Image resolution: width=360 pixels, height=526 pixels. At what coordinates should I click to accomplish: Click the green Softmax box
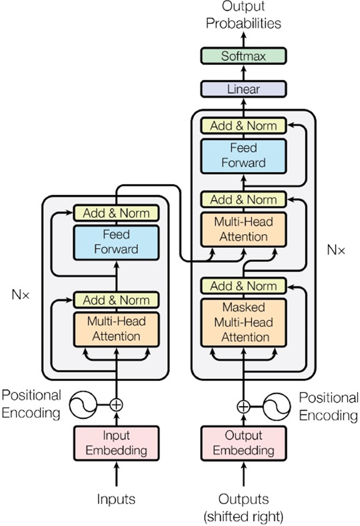(x=243, y=56)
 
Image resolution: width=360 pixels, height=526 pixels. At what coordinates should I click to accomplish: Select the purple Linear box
(x=243, y=89)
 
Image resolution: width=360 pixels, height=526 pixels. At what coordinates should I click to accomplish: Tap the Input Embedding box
(x=117, y=443)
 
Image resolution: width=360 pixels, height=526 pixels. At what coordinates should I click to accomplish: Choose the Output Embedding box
(x=243, y=443)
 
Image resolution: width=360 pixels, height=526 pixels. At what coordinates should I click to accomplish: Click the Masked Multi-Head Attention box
(x=243, y=322)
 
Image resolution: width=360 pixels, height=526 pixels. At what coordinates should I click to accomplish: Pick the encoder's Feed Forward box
(x=117, y=242)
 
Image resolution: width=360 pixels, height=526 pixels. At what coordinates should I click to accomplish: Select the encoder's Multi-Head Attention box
(x=117, y=329)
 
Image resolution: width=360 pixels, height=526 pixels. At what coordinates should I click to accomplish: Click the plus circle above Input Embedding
(x=117, y=404)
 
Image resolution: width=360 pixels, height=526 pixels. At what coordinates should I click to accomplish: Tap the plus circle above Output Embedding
(x=243, y=406)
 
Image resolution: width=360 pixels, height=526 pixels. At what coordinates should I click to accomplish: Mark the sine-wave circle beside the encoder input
(x=83, y=404)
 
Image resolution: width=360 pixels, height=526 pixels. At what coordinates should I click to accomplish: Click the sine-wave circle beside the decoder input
(x=277, y=406)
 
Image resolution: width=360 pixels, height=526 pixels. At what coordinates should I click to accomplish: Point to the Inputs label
(x=117, y=499)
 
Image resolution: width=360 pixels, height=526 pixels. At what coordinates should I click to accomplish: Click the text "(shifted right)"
(x=243, y=516)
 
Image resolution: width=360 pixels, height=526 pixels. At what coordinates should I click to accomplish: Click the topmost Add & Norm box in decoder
(x=243, y=126)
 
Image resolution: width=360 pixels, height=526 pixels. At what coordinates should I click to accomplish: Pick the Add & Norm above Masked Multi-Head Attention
(x=243, y=286)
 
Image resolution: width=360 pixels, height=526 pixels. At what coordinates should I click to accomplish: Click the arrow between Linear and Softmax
(x=243, y=72)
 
